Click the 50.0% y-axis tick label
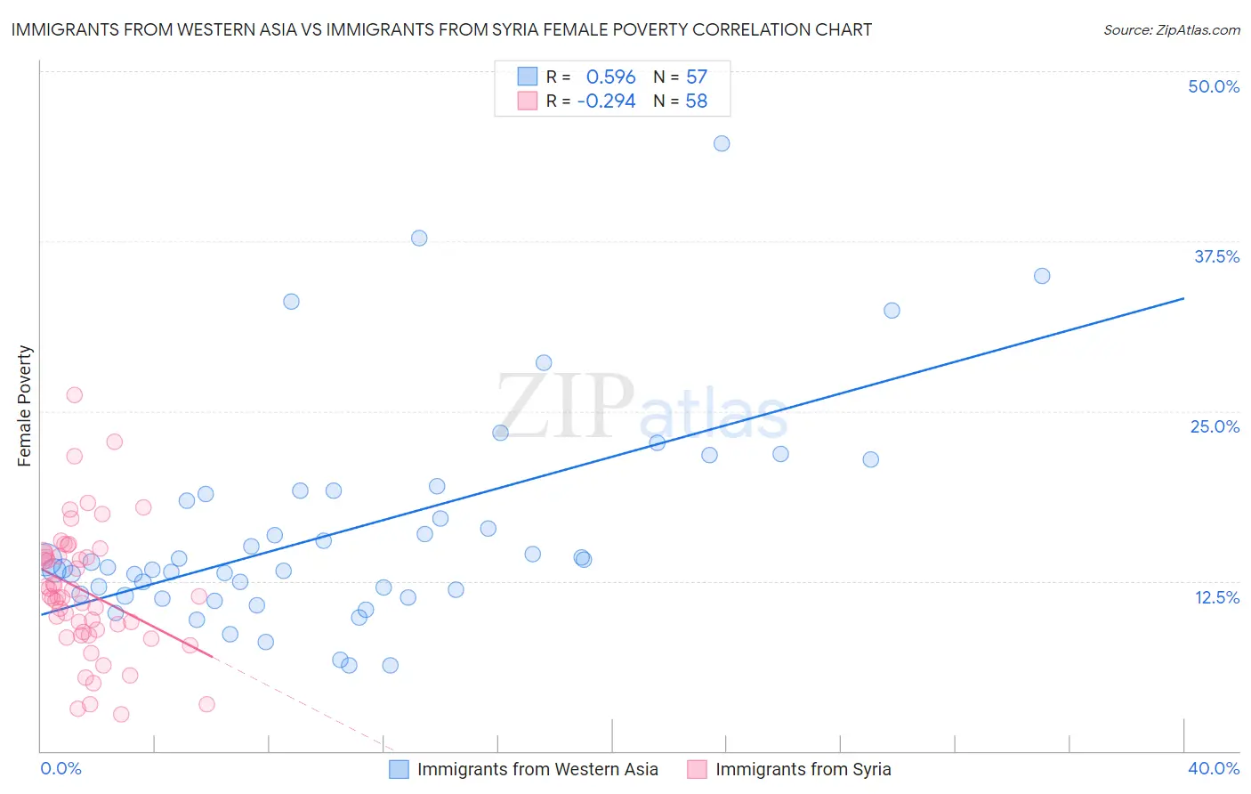[x=1214, y=86]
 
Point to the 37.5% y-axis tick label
[x=1216, y=256]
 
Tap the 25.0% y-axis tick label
[x=1215, y=426]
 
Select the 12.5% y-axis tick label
[x=1216, y=597]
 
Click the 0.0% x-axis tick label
[x=61, y=768]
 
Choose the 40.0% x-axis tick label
[x=1214, y=768]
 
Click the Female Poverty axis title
[x=24, y=406]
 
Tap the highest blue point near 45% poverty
[x=722, y=143]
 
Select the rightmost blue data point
[x=1042, y=276]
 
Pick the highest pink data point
[x=75, y=395]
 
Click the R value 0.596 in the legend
[x=610, y=77]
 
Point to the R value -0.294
[x=606, y=101]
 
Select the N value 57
[x=697, y=77]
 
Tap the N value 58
[x=697, y=101]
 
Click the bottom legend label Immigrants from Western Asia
[x=537, y=769]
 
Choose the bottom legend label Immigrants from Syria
[x=803, y=769]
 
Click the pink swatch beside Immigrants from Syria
[x=697, y=769]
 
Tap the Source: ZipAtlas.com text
[x=1171, y=30]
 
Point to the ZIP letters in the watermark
[x=566, y=406]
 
